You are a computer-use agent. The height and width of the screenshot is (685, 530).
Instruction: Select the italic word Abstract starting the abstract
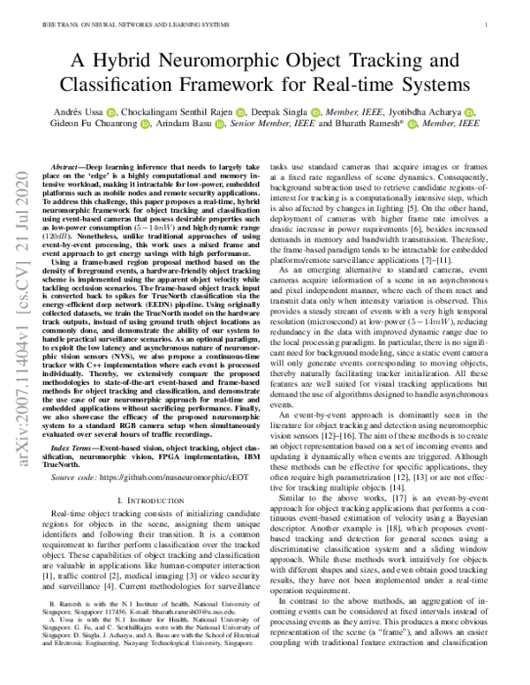(x=70, y=166)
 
